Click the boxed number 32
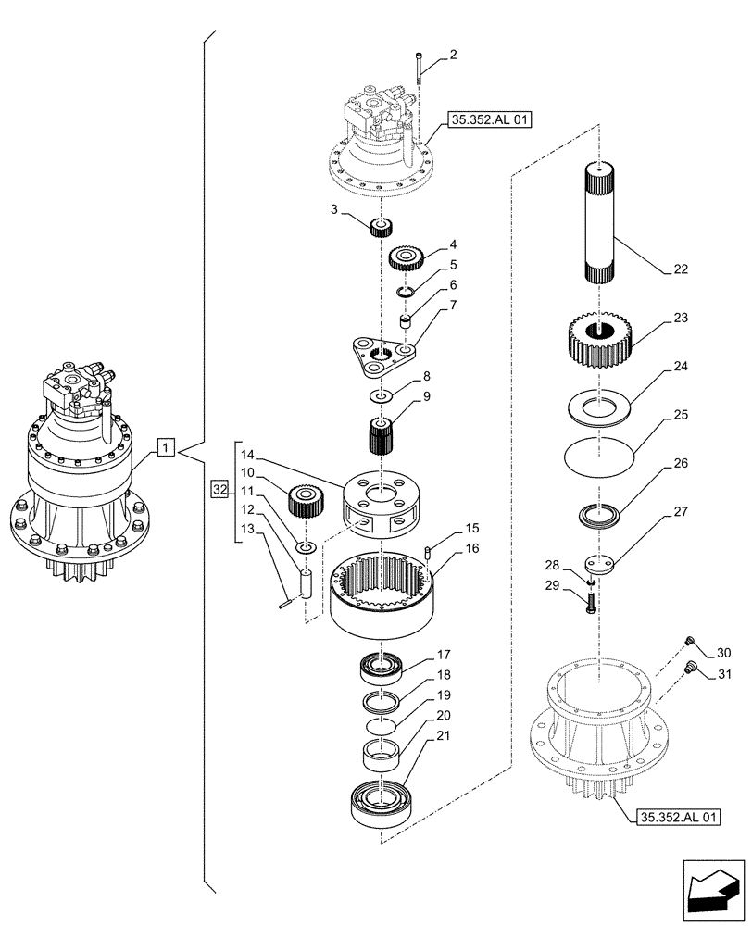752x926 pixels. (219, 489)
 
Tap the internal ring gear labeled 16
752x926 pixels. (382, 593)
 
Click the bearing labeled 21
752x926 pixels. (380, 801)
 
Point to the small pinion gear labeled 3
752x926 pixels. (382, 227)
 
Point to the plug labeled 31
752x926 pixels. (688, 669)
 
